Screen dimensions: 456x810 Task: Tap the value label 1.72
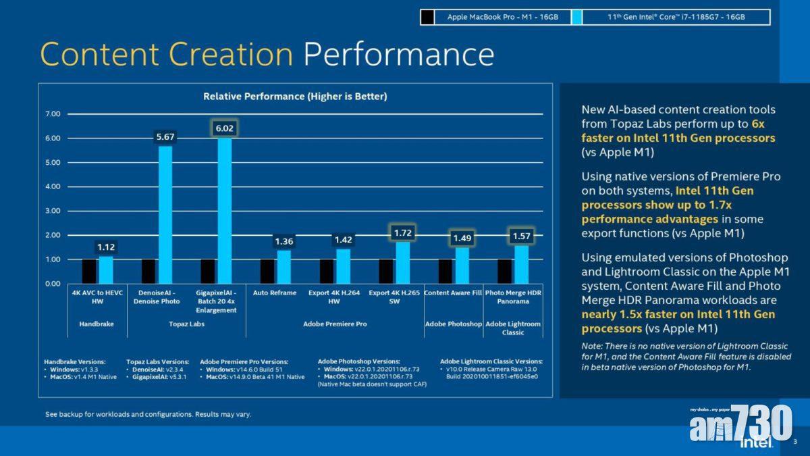pos(402,234)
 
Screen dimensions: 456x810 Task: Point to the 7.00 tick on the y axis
pos(53,114)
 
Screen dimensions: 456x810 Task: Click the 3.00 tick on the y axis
pos(53,211)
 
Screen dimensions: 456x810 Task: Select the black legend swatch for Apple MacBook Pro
pos(427,18)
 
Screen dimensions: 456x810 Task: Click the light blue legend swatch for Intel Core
pos(576,18)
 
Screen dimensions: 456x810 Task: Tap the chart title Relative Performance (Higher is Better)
pos(295,97)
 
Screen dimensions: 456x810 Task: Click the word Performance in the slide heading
pos(398,54)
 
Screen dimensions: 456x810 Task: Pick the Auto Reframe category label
pos(275,293)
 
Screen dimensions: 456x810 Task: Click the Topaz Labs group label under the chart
pos(186,324)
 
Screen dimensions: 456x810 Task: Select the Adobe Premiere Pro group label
pos(335,324)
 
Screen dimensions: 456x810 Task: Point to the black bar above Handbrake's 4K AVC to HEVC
pos(89,272)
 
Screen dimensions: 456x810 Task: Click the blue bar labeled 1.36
pos(283,267)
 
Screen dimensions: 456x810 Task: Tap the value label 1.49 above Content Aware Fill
pos(462,238)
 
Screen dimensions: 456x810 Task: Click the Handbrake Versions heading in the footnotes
pos(74,361)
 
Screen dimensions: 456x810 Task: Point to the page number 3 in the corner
pos(794,442)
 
